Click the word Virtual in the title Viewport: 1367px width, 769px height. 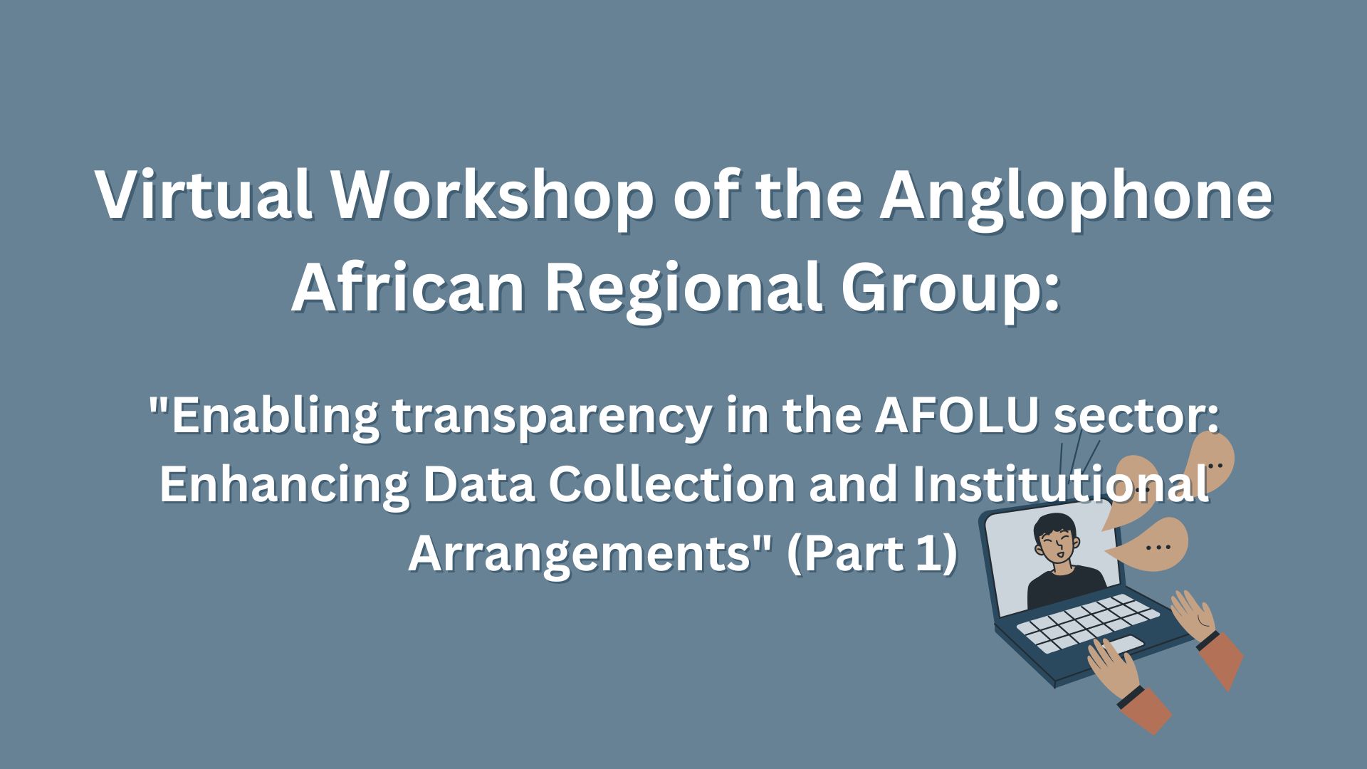point(204,196)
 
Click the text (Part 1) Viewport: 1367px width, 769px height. point(872,553)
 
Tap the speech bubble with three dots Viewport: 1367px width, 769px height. point(1156,545)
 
